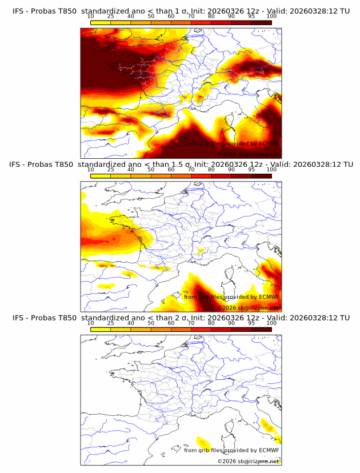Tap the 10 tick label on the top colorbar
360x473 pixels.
click(91, 17)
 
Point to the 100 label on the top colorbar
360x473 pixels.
click(271, 17)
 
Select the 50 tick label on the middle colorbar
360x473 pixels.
click(151, 170)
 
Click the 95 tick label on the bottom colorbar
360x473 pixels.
click(251, 323)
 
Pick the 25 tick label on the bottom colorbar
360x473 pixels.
click(111, 323)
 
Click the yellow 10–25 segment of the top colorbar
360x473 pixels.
click(101, 22)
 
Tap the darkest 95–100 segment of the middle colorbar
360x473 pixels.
click(261, 175)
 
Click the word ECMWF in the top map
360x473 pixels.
click(269, 144)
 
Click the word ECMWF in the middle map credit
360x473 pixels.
click(269, 297)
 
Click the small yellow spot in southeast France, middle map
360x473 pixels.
click(200, 251)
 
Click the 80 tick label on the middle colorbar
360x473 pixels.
click(211, 170)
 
